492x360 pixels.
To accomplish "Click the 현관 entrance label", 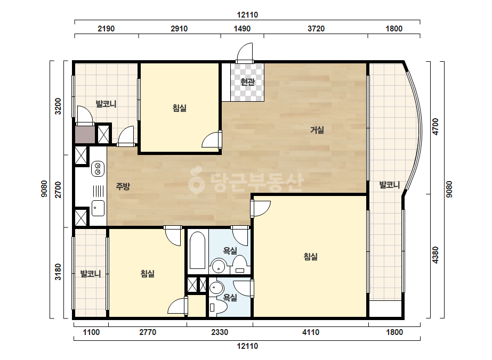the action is click(247, 82).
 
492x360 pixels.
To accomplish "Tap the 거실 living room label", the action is click(317, 130).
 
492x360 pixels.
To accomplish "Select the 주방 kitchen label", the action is click(123, 186).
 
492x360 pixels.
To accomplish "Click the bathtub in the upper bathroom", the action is click(197, 250).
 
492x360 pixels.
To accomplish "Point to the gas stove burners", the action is click(98, 169).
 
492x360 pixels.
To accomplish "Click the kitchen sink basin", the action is click(98, 208).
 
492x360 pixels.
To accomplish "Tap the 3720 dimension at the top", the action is click(316, 29).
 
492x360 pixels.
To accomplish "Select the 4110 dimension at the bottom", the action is click(311, 332).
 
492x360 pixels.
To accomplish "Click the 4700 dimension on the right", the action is click(435, 127).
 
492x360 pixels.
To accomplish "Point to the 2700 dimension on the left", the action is click(58, 190).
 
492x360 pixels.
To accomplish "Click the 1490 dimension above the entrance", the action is click(242, 29).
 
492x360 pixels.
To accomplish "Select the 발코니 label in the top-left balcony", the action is click(106, 104).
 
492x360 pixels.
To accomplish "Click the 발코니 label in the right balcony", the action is click(390, 185).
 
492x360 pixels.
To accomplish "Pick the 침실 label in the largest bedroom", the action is click(311, 257).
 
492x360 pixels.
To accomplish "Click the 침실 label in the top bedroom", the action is click(180, 108).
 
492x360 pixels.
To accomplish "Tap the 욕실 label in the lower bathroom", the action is click(230, 297).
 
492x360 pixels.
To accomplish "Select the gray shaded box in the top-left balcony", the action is click(85, 135).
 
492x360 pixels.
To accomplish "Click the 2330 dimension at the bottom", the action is click(220, 332).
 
